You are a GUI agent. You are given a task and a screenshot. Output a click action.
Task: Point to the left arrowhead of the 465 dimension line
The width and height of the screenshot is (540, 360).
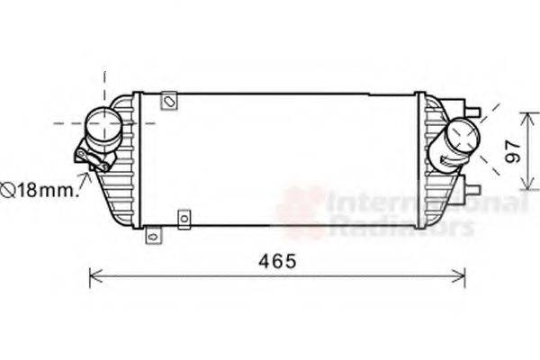click(94, 276)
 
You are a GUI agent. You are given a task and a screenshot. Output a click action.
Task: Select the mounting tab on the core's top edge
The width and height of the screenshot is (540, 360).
click(168, 100)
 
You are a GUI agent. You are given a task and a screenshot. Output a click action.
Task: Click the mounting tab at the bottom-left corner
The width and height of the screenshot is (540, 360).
click(153, 237)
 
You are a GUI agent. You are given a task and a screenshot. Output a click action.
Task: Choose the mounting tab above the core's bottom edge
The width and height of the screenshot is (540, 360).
click(184, 219)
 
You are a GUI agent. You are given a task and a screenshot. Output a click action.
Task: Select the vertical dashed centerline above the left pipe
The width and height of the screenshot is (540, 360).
click(105, 86)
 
